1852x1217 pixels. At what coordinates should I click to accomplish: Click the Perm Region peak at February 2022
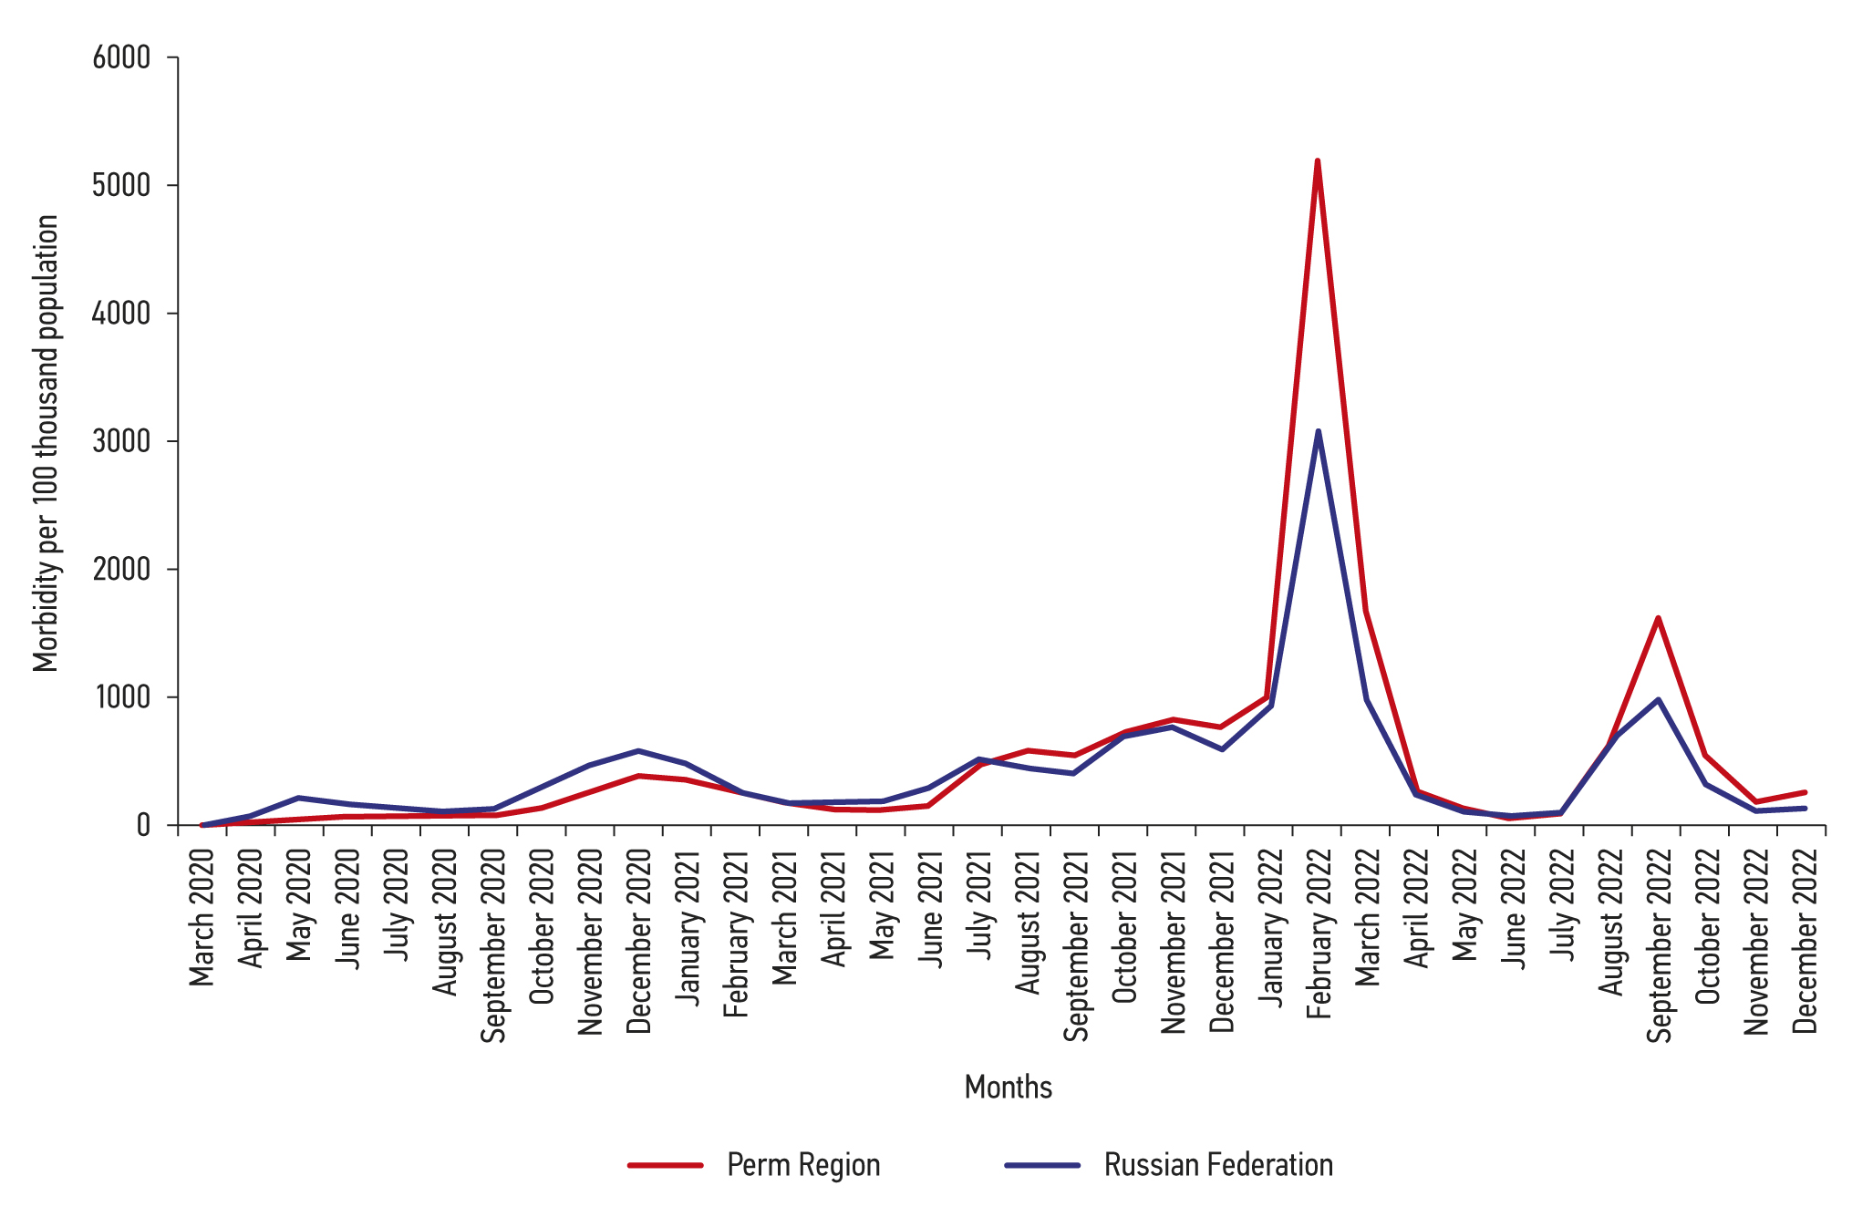1318,161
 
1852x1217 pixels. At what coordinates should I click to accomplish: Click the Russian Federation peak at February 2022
1318,431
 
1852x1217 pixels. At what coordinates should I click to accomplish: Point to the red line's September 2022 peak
1658,618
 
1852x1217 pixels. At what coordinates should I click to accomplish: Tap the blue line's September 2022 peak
1658,700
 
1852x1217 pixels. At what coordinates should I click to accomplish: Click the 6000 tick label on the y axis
121,57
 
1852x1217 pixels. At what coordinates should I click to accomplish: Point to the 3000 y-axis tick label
121,441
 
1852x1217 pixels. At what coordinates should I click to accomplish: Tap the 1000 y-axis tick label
121,697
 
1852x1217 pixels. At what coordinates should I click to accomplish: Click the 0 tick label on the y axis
143,825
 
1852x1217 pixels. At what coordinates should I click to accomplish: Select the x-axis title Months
1008,1087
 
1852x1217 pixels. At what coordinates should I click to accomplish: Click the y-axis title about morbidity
46,443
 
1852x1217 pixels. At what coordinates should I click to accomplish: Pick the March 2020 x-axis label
202,917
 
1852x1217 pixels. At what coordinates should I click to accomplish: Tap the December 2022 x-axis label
1805,940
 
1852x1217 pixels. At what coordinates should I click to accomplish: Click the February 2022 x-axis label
1319,933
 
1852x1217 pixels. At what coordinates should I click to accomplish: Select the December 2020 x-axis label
638,940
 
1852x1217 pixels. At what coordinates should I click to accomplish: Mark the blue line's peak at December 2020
638,751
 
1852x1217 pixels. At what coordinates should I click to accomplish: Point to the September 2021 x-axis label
1076,945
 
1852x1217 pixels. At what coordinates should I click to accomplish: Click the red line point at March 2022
1366,612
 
